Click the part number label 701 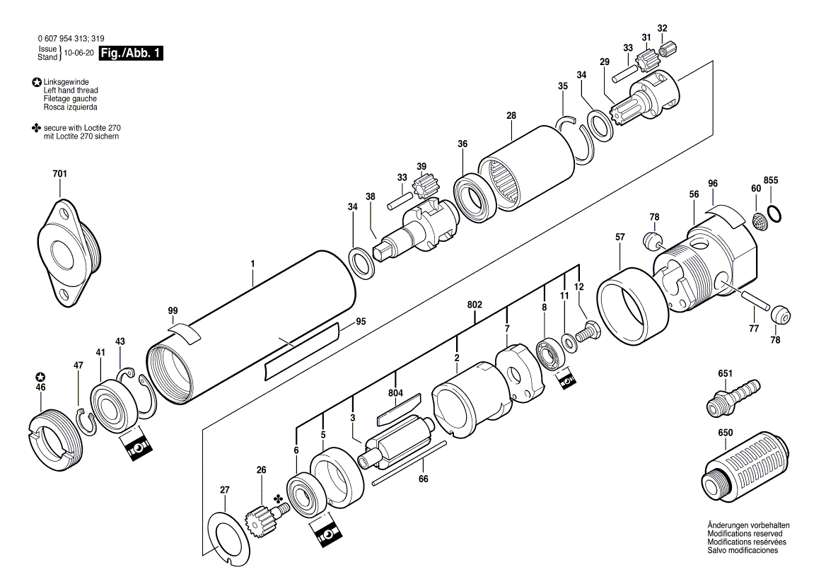coord(60,173)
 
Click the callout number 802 coord(475,305)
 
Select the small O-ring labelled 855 coord(774,212)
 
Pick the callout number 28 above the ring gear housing coord(511,115)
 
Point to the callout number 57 coord(619,238)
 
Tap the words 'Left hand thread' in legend coord(71,91)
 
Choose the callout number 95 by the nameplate coord(361,322)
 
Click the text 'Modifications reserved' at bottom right coord(743,534)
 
